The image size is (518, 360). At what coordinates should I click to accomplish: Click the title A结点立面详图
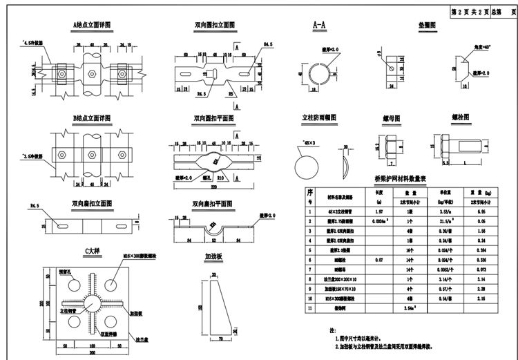coord(92,25)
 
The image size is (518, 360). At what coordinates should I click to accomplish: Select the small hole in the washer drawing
coord(391,68)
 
